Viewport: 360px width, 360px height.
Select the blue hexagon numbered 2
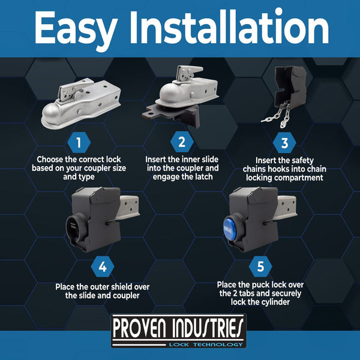coord(181,143)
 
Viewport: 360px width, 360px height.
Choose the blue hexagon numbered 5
coord(260,266)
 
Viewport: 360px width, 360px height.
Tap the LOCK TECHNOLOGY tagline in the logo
coord(207,344)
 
